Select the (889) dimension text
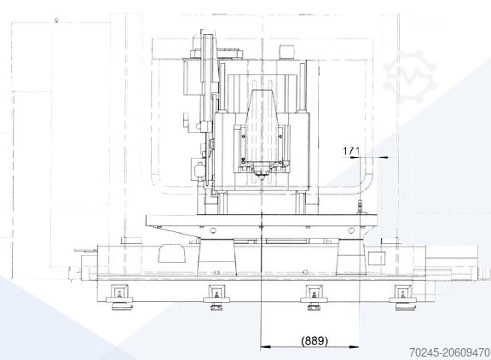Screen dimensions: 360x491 pos(314,340)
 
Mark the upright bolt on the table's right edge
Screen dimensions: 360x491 pos(361,208)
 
